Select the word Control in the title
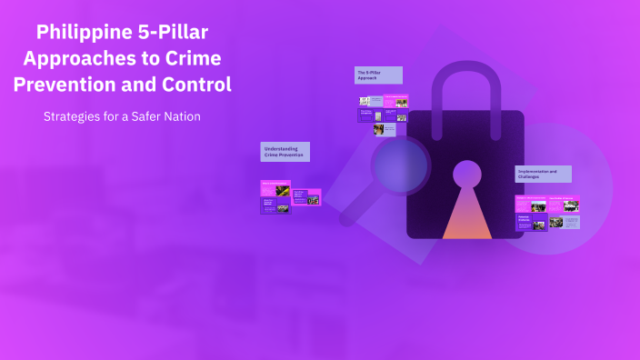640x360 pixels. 192,85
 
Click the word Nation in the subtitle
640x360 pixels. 180,117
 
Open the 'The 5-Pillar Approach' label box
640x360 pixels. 378,75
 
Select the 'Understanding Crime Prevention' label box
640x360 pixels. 285,152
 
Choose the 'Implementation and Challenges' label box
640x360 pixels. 543,174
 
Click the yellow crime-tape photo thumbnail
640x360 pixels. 283,191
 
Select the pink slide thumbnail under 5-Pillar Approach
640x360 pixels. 395,102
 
